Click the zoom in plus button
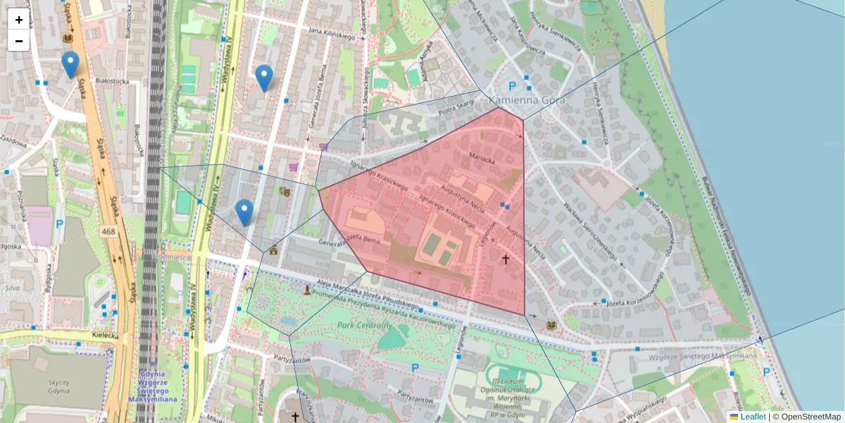click(19, 20)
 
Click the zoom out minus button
click(19, 41)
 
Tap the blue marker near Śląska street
click(70, 64)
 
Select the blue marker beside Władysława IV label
click(264, 78)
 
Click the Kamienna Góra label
click(522, 100)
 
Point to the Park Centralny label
click(364, 326)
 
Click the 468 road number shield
click(108, 231)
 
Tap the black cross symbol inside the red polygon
click(505, 259)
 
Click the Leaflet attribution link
click(753, 417)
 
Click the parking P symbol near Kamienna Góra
click(512, 87)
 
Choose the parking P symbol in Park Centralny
click(415, 367)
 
